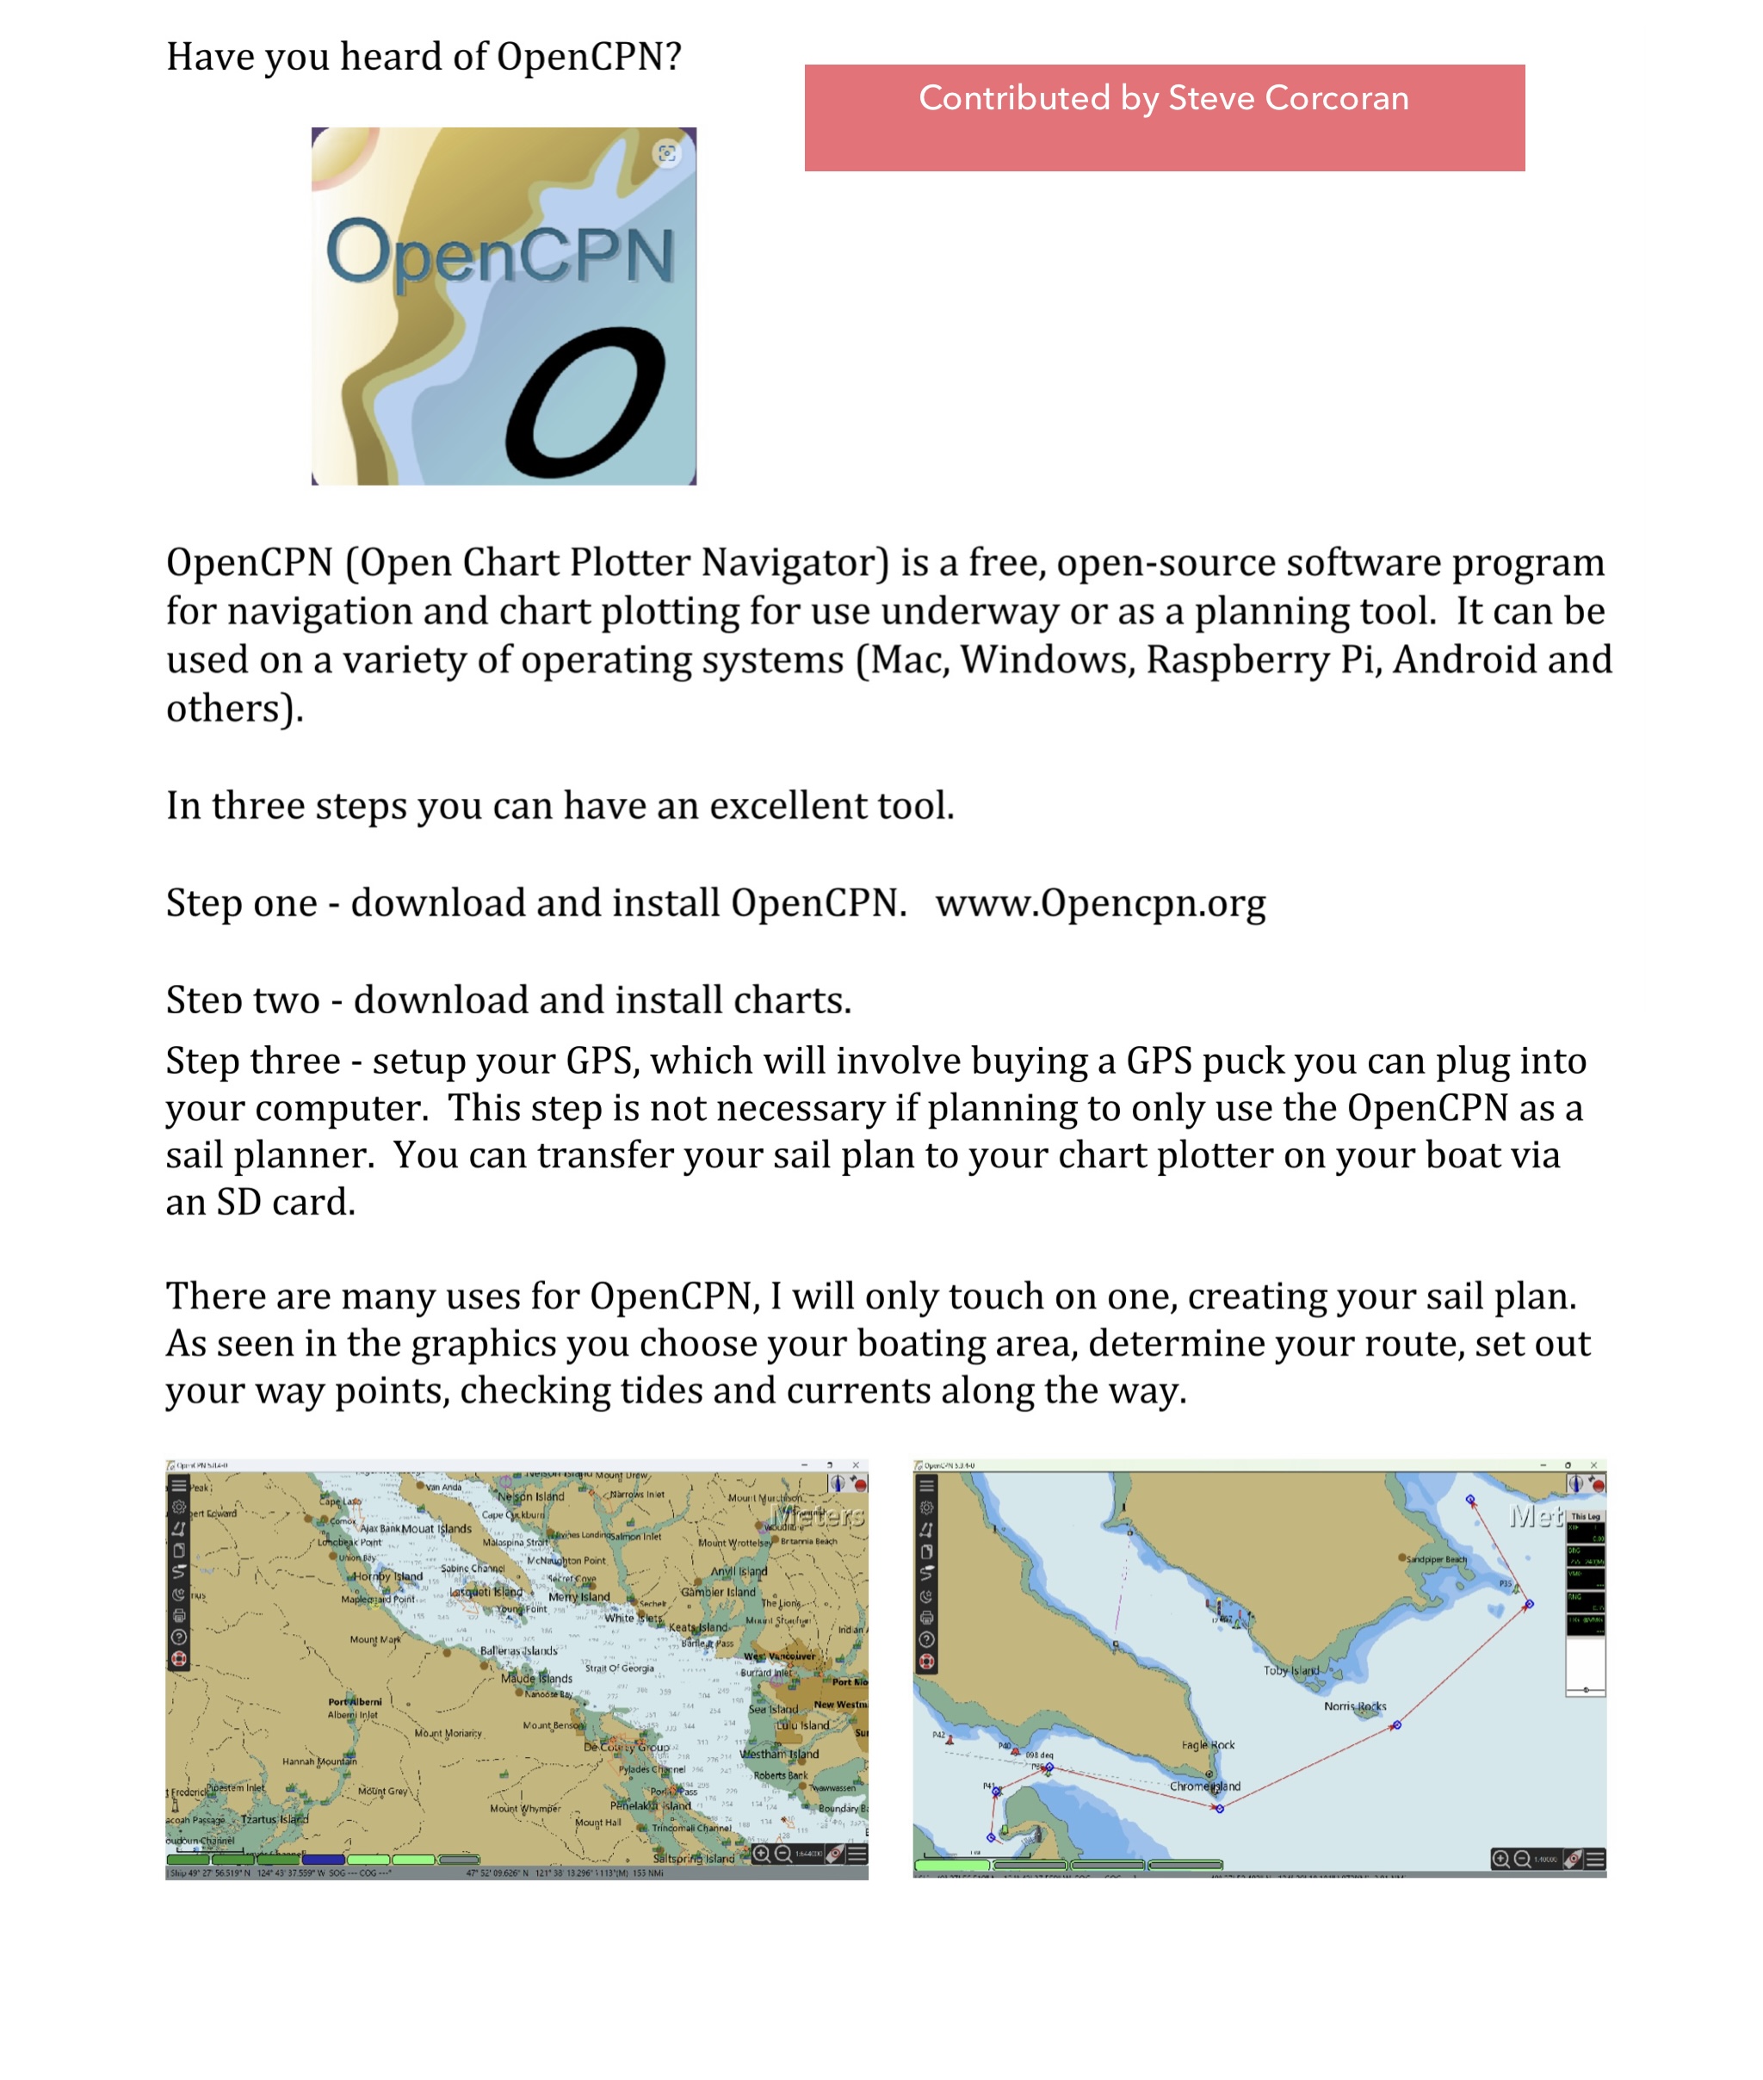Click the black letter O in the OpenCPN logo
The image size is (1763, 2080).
click(x=585, y=404)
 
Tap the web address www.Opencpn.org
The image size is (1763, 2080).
click(x=1100, y=904)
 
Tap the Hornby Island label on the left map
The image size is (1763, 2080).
click(x=387, y=1576)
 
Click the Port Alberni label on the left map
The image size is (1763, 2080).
click(x=355, y=1701)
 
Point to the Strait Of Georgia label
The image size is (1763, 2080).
click(x=620, y=1668)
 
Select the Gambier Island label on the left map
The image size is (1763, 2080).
click(x=718, y=1592)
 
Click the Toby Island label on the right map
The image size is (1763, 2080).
click(x=1290, y=1670)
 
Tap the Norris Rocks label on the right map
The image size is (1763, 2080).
click(x=1354, y=1706)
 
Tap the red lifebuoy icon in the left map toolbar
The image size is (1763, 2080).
click(x=179, y=1659)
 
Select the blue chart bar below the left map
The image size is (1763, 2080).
click(x=323, y=1860)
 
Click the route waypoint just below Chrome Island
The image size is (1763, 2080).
click(x=1219, y=1808)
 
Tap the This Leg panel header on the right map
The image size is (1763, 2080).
click(x=1585, y=1516)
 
